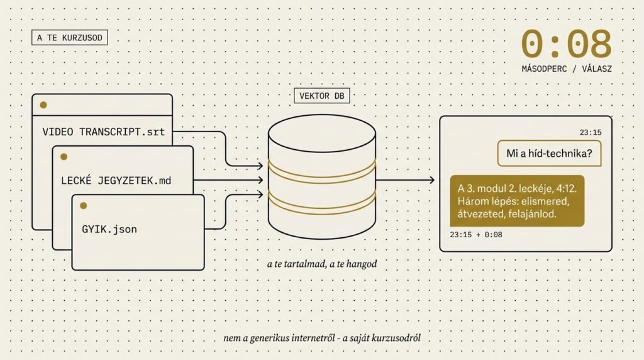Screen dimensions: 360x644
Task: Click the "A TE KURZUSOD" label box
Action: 69,38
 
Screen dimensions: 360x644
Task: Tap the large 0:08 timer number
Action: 566,44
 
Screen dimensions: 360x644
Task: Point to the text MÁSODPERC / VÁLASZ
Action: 566,68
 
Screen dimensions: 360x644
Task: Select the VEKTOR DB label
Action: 321,96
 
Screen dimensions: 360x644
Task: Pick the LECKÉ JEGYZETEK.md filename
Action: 116,181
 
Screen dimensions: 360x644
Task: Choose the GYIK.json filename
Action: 109,230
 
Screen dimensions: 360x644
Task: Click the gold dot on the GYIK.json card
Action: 84,205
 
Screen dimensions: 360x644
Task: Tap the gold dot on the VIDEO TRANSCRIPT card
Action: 43,104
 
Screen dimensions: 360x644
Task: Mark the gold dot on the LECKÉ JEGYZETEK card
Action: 64,156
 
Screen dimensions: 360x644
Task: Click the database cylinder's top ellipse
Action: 321,133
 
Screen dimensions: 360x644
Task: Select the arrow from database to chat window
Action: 405,180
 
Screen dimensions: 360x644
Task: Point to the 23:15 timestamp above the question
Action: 591,132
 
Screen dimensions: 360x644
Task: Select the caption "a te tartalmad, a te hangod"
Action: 321,264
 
